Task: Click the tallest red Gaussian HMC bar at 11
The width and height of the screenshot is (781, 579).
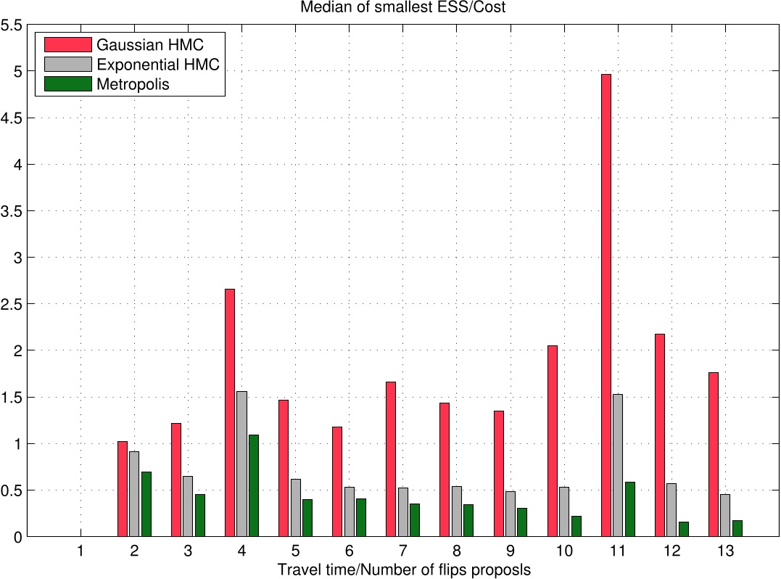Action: (x=606, y=305)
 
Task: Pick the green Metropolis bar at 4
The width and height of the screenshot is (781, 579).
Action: (x=254, y=485)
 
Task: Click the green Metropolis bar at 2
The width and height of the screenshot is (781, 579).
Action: (x=146, y=504)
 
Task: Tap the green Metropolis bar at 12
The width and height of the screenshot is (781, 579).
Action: (x=683, y=529)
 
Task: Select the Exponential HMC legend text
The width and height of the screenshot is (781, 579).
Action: (x=157, y=65)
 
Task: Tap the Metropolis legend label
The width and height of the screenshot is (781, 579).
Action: (x=133, y=84)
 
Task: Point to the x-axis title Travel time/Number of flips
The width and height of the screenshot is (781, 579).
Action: (x=404, y=570)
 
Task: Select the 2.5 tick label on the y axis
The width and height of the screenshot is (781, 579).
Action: (x=12, y=304)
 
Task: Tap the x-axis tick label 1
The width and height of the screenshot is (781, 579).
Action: (x=80, y=551)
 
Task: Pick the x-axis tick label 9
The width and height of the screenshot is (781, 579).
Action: (x=510, y=551)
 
